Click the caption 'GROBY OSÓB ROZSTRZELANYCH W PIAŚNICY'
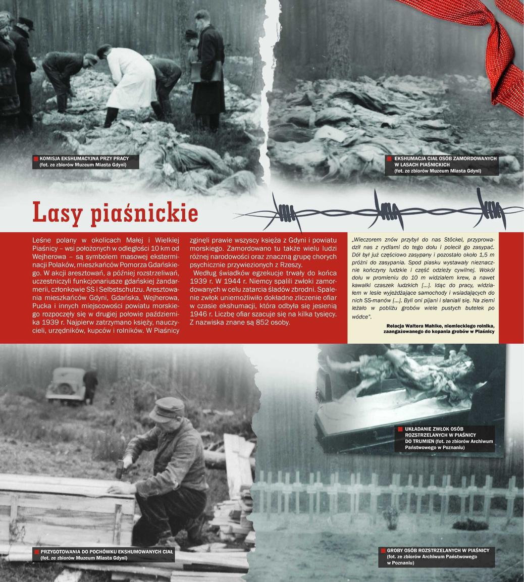[438, 550]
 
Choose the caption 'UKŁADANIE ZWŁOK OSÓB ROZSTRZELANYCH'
[434, 429]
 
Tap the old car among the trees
[66, 385]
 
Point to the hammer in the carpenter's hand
[120, 470]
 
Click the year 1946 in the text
[199, 314]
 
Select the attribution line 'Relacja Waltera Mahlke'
[439, 326]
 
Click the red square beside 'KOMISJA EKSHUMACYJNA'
[35, 159]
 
